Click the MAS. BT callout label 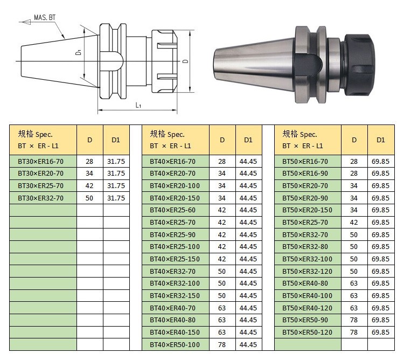[45, 17]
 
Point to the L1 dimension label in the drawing [138, 106]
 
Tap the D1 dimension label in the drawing [78, 53]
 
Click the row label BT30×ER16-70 [40, 161]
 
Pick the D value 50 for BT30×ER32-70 [89, 198]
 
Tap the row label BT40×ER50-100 [175, 344]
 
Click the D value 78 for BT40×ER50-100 [222, 344]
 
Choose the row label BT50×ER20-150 [307, 210]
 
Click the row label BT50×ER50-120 [307, 333]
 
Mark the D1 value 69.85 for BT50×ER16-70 [380, 161]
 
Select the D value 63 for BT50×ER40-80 [354, 283]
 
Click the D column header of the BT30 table [89, 140]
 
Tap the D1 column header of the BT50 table [380, 140]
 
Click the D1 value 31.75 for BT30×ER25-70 [116, 185]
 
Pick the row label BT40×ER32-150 [175, 295]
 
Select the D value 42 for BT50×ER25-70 [354, 222]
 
